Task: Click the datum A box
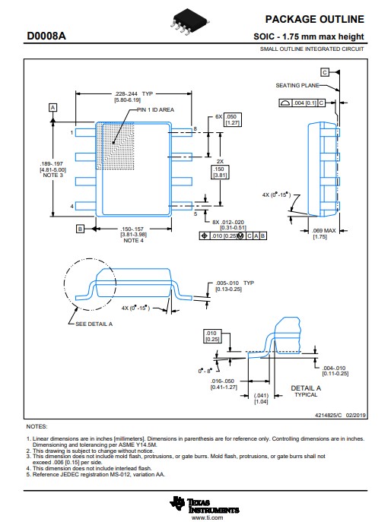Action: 52,108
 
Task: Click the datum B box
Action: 80,229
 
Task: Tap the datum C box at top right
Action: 325,72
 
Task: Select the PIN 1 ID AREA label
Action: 155,109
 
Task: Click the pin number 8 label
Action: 195,129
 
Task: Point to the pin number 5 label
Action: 195,214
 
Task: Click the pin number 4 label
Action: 72,207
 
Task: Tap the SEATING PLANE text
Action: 297,86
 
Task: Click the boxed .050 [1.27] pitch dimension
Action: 232,120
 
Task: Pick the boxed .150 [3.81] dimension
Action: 220,172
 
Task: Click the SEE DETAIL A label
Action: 94,324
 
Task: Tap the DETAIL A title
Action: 306,388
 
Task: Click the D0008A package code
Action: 46,36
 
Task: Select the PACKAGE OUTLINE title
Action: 315,19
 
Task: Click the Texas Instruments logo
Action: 205,505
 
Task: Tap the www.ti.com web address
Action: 208,517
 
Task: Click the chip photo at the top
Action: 189,21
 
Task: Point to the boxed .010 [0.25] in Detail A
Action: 212,337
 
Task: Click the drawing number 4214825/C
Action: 329,415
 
